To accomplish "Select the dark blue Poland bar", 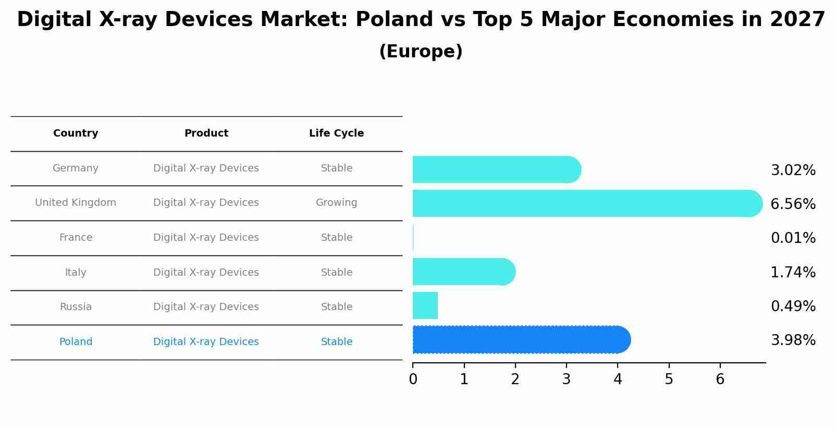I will (x=521, y=340).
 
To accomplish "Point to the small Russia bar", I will (x=425, y=305).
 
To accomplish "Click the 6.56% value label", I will (x=793, y=204).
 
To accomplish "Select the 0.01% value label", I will (x=793, y=238).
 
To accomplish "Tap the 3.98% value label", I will (x=793, y=340).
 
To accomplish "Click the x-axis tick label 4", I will (x=618, y=379).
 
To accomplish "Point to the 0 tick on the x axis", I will (x=413, y=379).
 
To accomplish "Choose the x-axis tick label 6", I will (x=720, y=379).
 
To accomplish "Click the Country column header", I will (x=76, y=133).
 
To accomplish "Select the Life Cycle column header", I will (x=336, y=133).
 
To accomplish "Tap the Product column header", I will (x=206, y=133).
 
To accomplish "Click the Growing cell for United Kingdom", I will (x=336, y=203).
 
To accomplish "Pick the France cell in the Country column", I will (x=76, y=238).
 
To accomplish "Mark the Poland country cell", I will (x=76, y=342).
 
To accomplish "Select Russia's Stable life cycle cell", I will (x=336, y=307).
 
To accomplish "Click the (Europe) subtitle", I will (x=421, y=52).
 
